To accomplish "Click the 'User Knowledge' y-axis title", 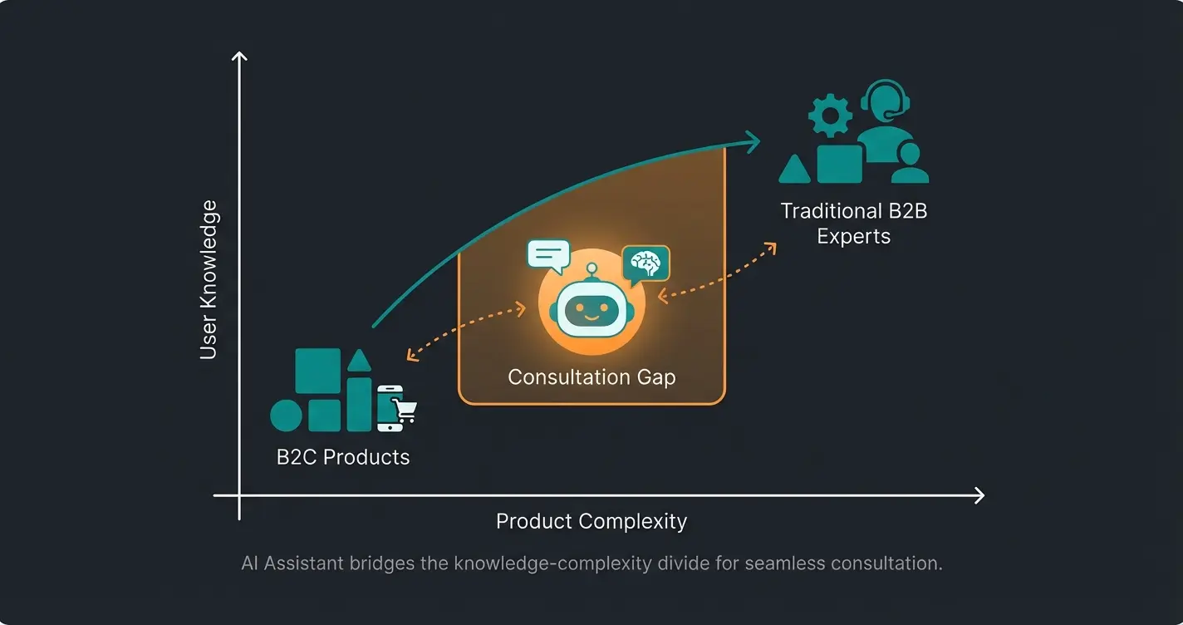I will point(209,279).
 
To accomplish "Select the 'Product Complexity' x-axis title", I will point(591,522).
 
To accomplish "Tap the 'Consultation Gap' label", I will point(591,377).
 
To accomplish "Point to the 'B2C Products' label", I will point(343,457).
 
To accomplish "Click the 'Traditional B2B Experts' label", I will point(854,224).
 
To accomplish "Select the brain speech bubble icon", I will point(645,264).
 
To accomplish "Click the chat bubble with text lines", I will point(548,255).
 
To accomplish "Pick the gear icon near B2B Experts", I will point(830,116).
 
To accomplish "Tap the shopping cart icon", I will point(405,410).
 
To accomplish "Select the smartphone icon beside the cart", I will point(389,408).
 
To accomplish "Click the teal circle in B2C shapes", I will point(287,416).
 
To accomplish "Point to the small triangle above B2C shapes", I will point(359,361).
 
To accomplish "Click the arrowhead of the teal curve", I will point(752,141).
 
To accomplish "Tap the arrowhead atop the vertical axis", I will point(239,57).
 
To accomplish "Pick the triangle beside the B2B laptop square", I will point(795,170).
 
